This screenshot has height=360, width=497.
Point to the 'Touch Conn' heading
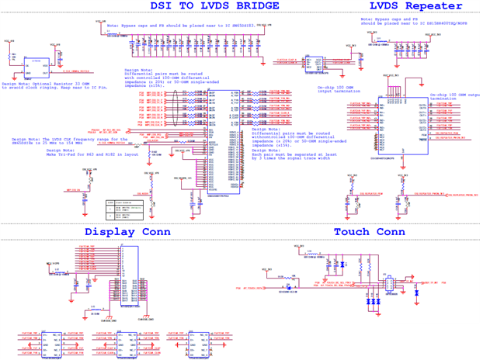(x=369, y=232)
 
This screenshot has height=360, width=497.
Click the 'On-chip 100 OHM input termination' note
(x=339, y=91)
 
